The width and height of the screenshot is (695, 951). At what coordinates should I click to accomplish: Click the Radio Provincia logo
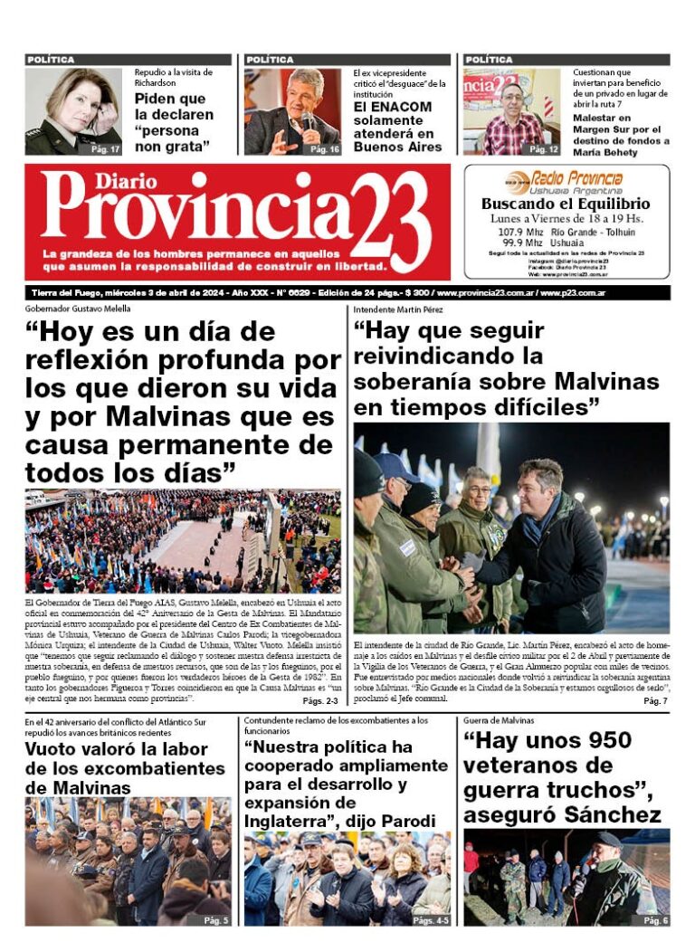coord(566,181)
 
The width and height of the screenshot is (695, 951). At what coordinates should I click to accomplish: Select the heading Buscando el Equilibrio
coord(566,204)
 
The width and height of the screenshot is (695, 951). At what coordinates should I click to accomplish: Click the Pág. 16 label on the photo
coord(325,148)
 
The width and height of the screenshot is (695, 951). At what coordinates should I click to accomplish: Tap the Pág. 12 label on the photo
coord(544,148)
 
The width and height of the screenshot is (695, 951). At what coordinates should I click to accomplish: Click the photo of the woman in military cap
coord(72,111)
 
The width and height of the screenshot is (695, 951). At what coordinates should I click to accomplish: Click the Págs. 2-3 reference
coord(320,701)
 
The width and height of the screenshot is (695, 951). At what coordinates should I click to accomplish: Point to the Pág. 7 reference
coord(655,701)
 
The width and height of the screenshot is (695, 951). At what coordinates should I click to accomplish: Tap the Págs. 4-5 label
coord(431,919)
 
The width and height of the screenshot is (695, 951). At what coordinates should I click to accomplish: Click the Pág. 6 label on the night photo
coord(654,919)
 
